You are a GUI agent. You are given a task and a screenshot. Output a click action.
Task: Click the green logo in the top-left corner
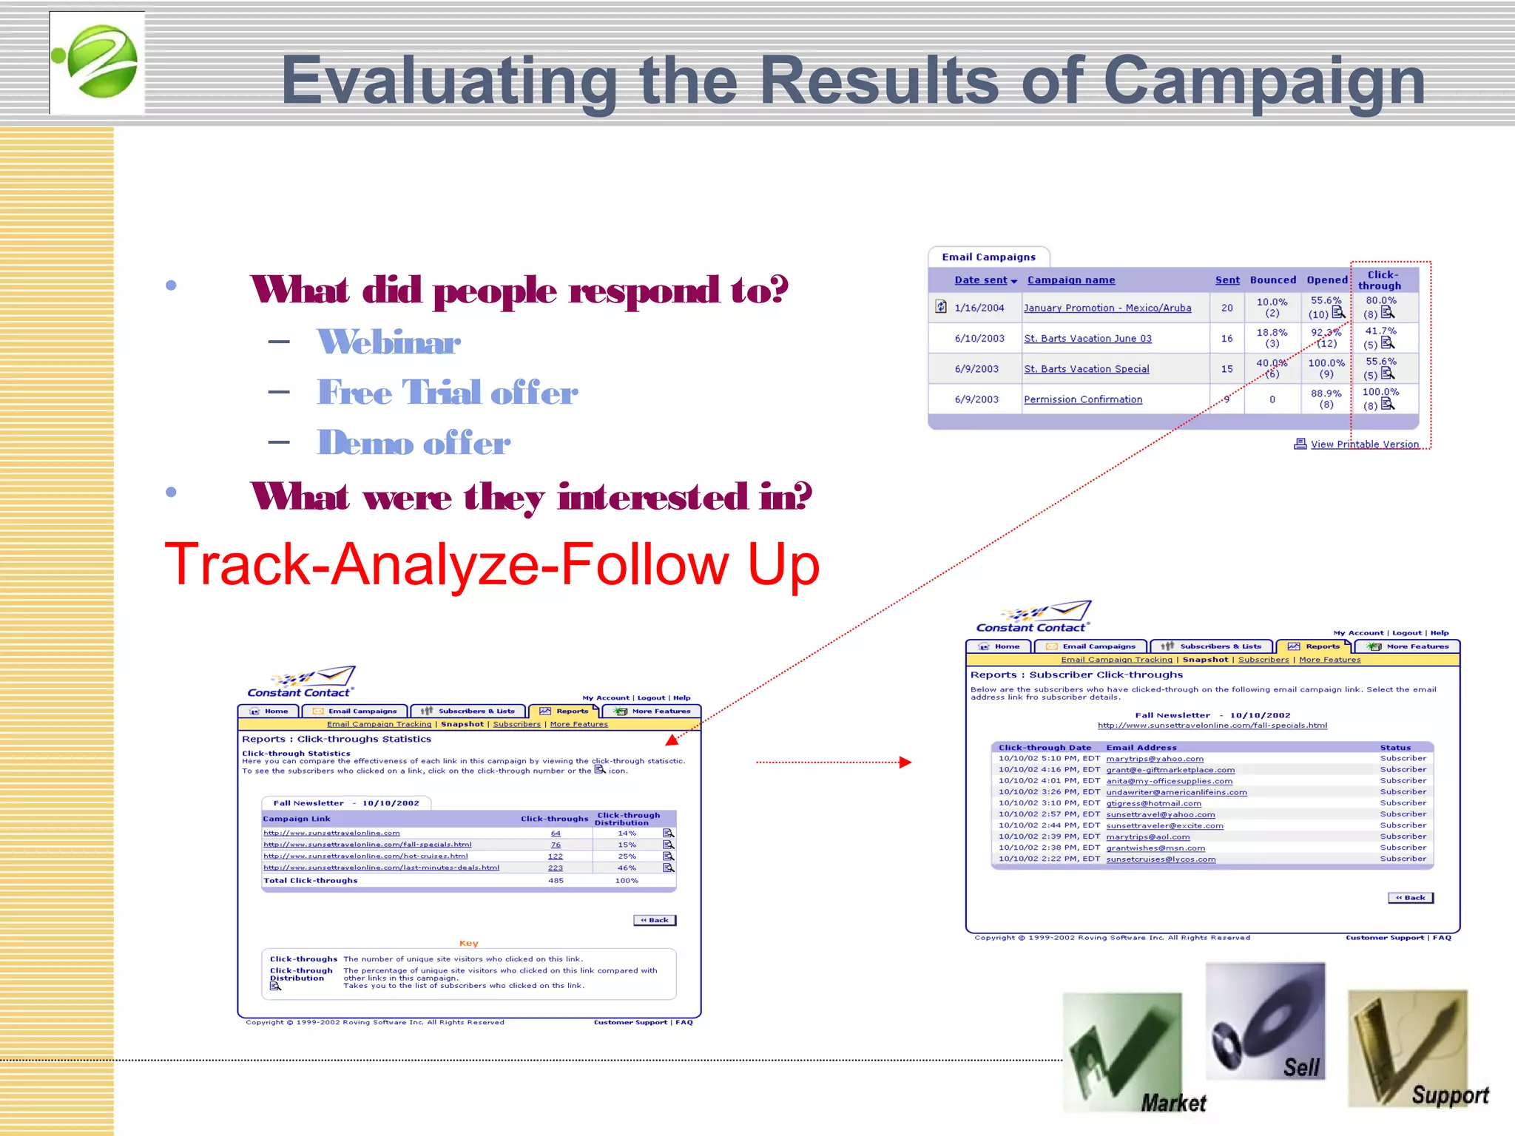click(x=97, y=62)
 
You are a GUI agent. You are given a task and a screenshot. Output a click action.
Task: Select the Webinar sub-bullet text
click(x=388, y=342)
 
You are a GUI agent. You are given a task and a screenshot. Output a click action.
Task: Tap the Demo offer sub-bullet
click(x=414, y=443)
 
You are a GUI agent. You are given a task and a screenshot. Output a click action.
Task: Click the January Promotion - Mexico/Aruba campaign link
click(x=1107, y=308)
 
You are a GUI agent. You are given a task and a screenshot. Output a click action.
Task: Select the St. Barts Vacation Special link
click(x=1086, y=369)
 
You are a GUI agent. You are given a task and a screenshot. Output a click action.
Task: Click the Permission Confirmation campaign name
click(x=1082, y=399)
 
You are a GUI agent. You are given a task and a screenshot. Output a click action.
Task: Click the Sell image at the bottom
click(x=1265, y=1021)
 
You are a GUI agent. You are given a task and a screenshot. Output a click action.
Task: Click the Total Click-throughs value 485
click(x=556, y=881)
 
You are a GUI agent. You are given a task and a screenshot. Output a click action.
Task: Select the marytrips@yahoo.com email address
click(x=1154, y=759)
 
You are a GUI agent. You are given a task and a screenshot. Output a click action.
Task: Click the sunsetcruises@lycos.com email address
click(x=1160, y=859)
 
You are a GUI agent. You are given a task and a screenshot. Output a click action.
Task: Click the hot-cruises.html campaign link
click(x=365, y=856)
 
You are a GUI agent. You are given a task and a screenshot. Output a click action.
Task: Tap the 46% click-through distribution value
click(x=627, y=868)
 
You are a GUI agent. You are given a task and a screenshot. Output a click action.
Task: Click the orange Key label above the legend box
click(x=469, y=944)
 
